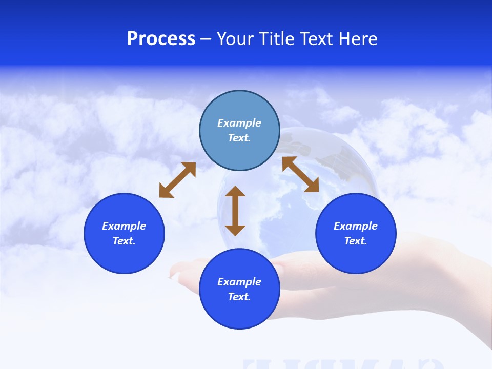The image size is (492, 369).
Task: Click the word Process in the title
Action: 161,39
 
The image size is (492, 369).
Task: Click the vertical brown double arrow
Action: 235,211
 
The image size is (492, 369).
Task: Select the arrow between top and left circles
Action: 177,180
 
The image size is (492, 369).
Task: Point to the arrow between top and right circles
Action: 300,174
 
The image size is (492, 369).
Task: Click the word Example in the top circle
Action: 239,123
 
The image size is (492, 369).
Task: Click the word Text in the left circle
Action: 124,241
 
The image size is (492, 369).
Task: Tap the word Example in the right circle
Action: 356,226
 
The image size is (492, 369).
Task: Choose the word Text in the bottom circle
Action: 239,297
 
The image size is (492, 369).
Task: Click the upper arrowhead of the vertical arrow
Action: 235,192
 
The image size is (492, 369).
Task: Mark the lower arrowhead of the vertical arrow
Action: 235,230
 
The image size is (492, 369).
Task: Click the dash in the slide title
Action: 206,39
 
